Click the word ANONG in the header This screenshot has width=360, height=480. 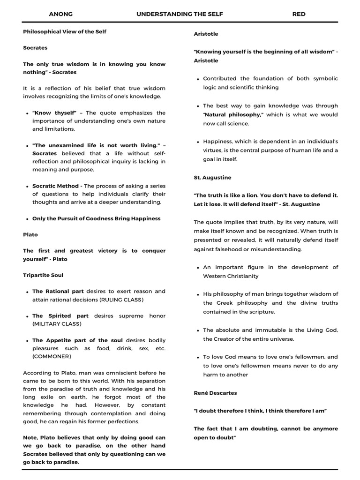(x=61, y=14)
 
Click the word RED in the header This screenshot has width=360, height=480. (x=299, y=14)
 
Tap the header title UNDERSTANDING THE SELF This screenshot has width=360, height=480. (x=180, y=14)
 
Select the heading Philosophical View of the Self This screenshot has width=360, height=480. (x=65, y=31)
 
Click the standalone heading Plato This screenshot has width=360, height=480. (x=30, y=234)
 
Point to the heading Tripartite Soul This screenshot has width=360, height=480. (x=43, y=275)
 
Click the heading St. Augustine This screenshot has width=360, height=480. (x=212, y=178)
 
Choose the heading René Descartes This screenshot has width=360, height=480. (x=215, y=393)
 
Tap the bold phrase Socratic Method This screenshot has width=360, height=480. (x=55, y=186)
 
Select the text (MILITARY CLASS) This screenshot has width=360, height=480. (x=57, y=324)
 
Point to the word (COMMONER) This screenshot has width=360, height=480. (x=52, y=356)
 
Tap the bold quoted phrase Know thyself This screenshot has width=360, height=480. (x=54, y=113)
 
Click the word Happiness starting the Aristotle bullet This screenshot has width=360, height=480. (x=218, y=142)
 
